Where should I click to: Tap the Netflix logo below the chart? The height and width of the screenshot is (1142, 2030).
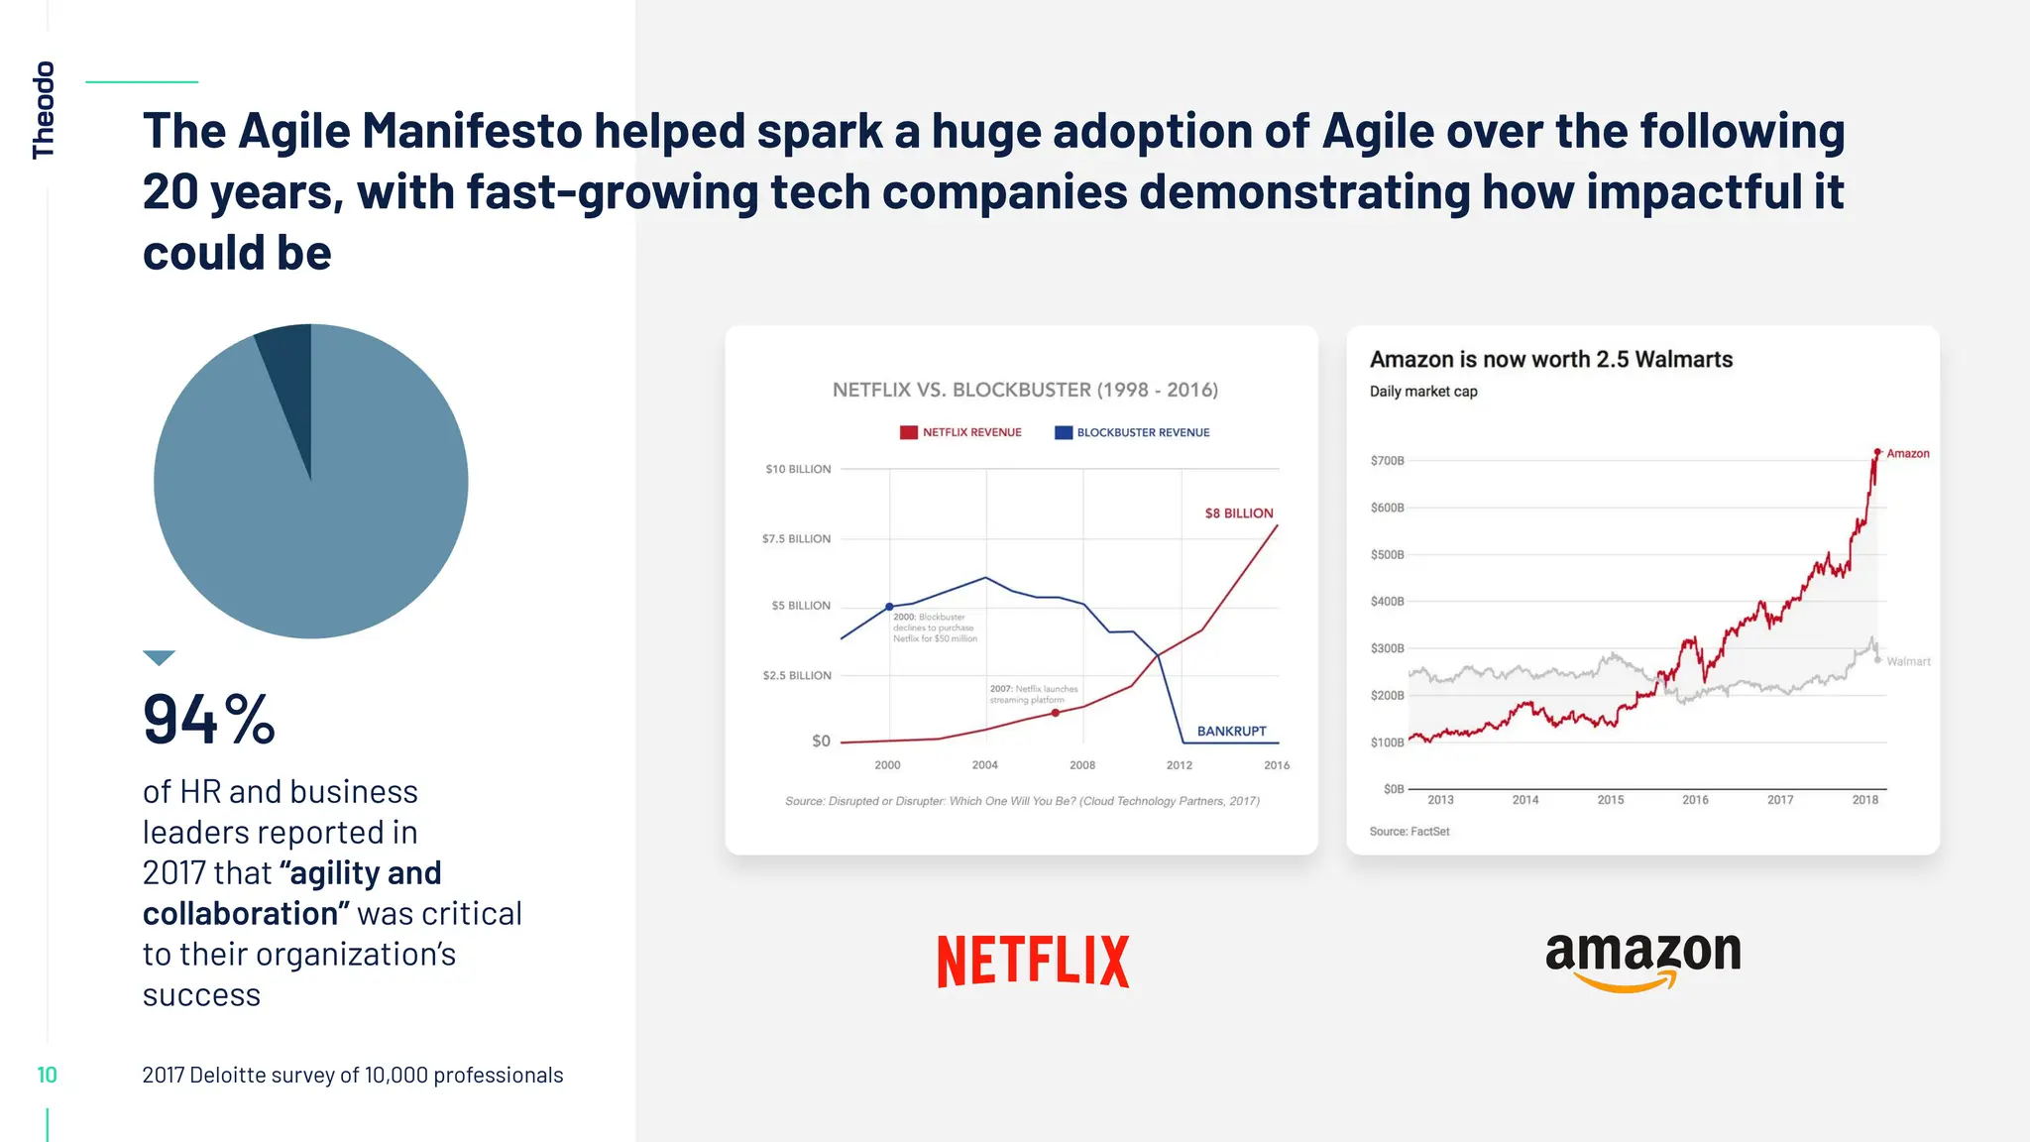tap(1033, 961)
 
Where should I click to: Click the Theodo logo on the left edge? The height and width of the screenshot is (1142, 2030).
tap(44, 109)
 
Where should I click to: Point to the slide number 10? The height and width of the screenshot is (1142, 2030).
tap(47, 1075)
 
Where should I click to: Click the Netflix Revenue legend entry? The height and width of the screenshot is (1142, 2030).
tap(960, 432)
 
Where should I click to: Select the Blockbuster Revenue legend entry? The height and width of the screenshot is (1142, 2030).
tap(1132, 432)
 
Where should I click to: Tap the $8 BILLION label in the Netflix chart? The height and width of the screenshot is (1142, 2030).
tap(1238, 513)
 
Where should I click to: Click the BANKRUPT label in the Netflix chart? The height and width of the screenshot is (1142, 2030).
tap(1231, 731)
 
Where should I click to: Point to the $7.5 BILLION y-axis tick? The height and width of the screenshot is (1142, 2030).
tap(796, 538)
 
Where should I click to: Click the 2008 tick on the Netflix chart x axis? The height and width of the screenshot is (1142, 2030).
tap(1082, 764)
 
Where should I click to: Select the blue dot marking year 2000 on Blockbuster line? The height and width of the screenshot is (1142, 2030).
tap(889, 607)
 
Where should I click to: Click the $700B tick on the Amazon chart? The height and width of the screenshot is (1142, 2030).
tap(1387, 460)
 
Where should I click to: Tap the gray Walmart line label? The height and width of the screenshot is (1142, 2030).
tap(1907, 661)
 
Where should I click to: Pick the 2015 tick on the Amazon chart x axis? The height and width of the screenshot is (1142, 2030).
tap(1610, 799)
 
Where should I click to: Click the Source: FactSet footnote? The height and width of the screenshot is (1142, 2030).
tap(1409, 831)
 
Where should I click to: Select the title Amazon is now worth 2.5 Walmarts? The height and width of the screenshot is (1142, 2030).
tap(1550, 359)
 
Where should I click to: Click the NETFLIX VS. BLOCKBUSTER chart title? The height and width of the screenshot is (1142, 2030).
tap(1025, 390)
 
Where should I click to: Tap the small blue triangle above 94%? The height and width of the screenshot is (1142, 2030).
tap(159, 657)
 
